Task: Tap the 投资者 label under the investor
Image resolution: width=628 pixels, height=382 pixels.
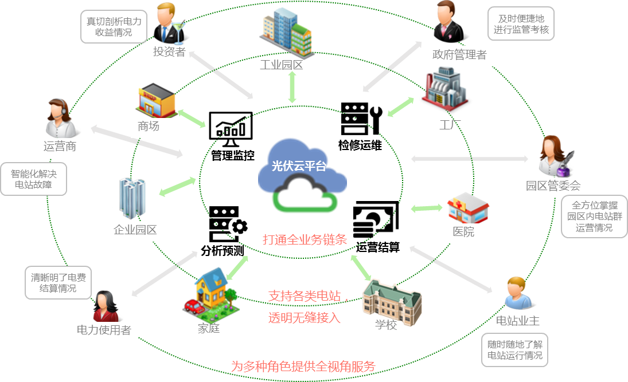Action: coord(169,52)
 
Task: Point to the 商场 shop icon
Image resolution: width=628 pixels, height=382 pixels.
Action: coord(155,101)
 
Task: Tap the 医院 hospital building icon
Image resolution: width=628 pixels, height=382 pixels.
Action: coord(468,207)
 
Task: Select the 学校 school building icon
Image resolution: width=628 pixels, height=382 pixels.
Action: coord(392,300)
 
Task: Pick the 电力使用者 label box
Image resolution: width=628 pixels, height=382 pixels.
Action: coord(104,330)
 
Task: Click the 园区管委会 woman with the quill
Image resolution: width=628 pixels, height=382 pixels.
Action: coord(553,155)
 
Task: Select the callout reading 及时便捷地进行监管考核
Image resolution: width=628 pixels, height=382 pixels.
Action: coord(521,24)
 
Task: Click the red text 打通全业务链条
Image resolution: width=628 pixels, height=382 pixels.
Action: coord(305,239)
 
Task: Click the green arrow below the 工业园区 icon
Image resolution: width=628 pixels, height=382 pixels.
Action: coord(292,88)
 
